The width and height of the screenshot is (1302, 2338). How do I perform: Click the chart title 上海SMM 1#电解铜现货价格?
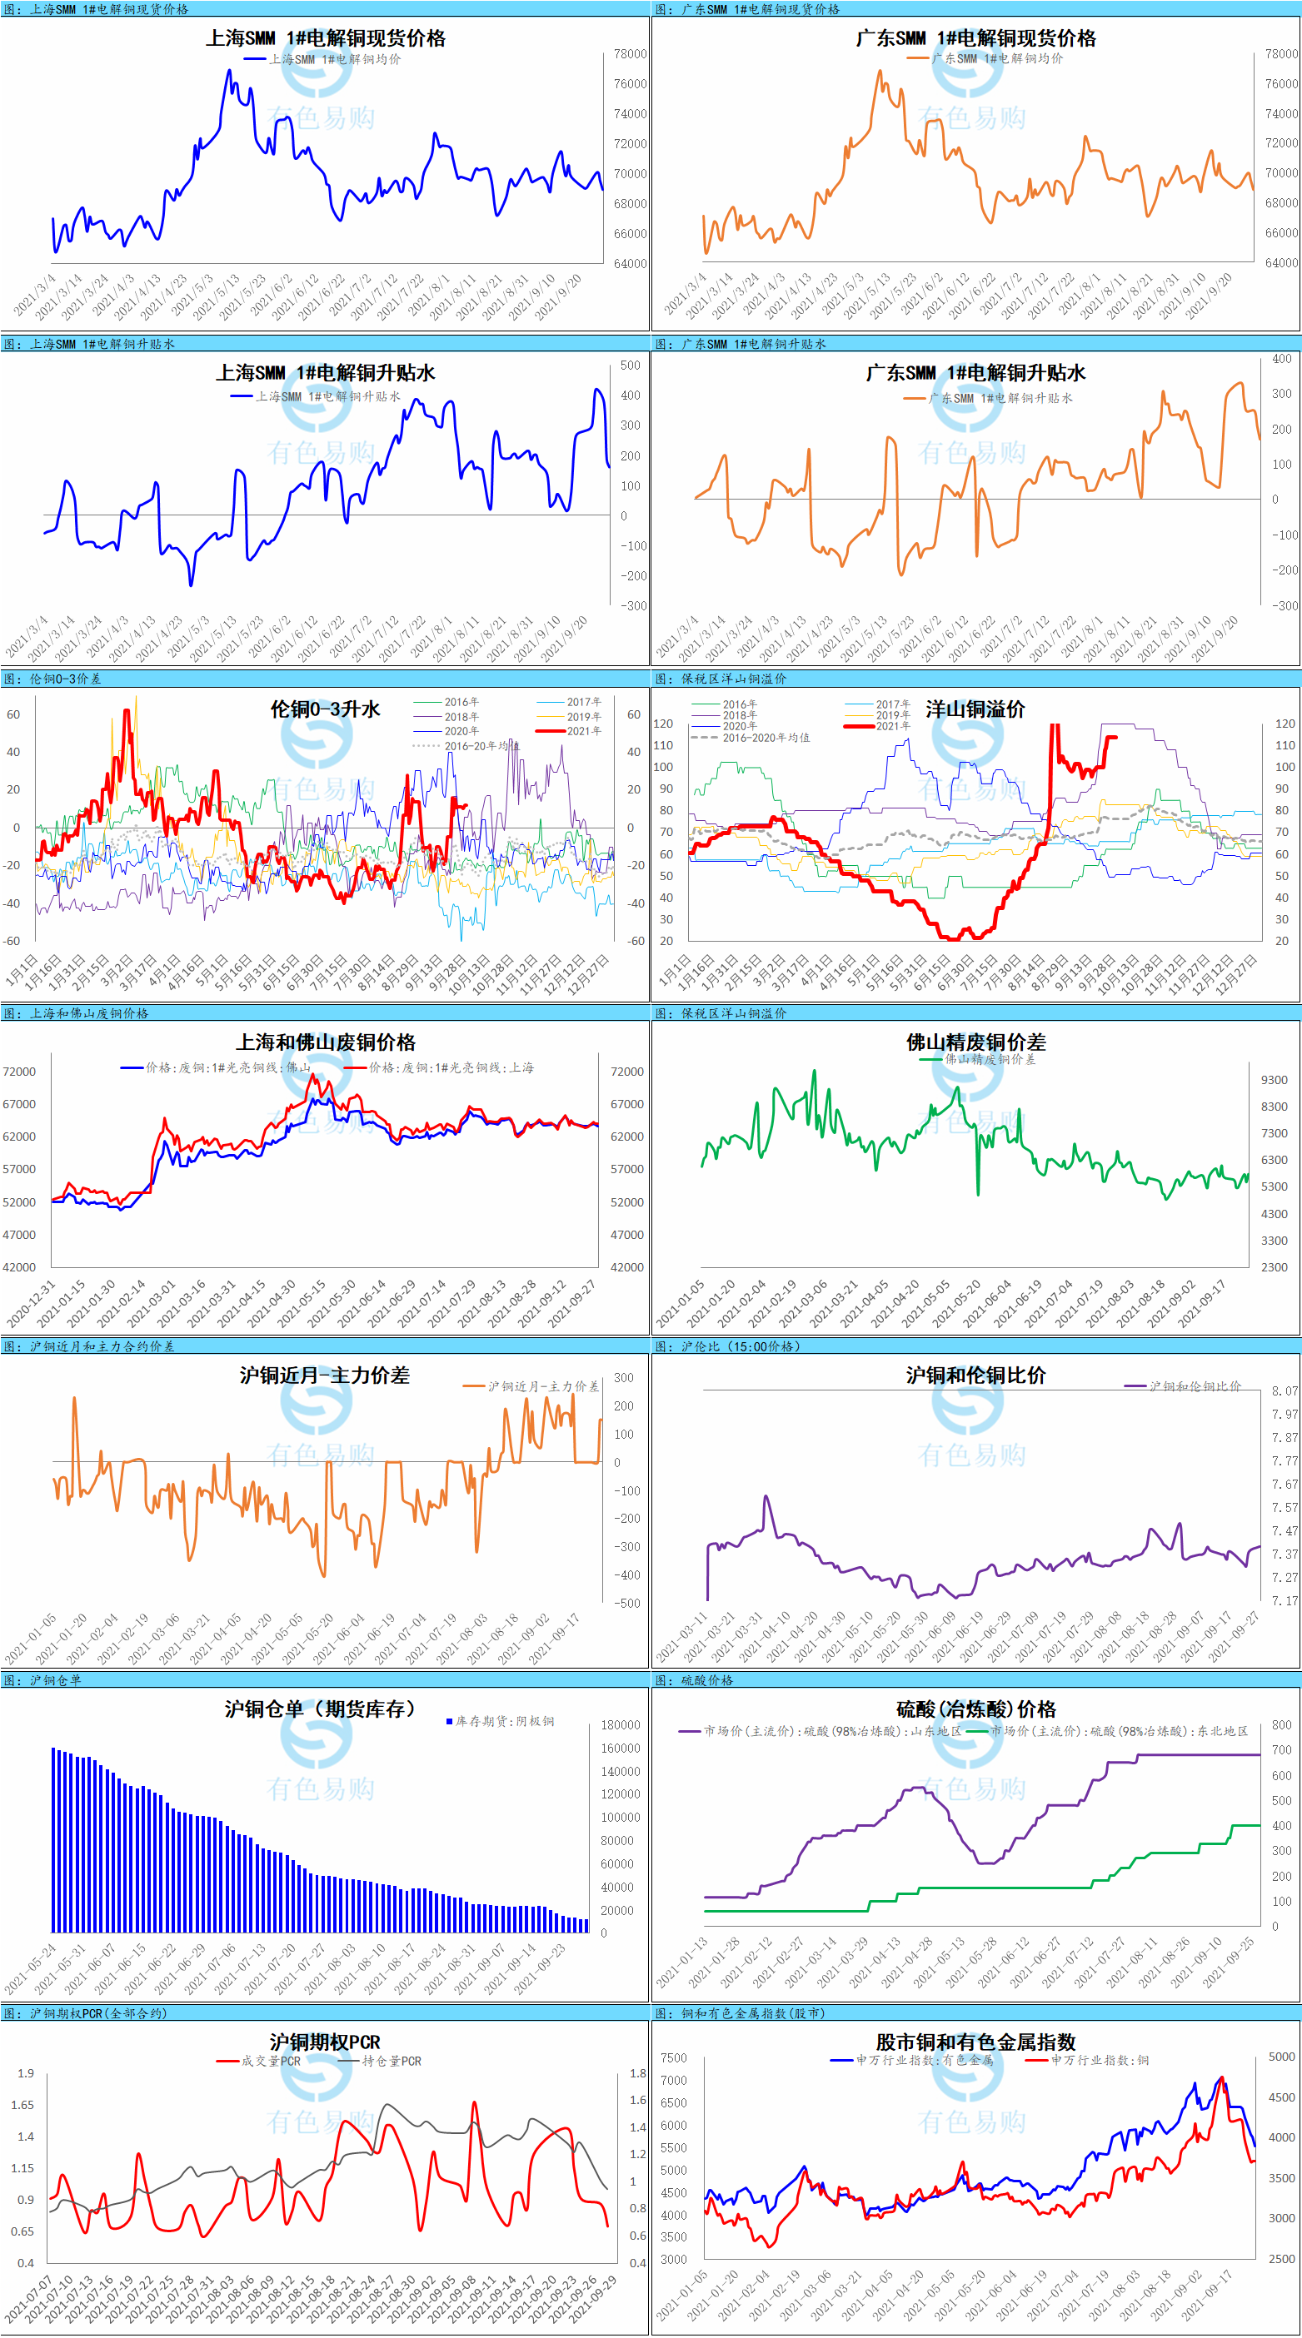325,38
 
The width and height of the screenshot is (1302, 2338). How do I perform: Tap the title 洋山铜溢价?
975,709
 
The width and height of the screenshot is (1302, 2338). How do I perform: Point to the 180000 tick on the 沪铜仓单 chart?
620,1725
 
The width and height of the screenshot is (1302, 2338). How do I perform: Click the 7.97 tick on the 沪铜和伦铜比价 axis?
1285,1414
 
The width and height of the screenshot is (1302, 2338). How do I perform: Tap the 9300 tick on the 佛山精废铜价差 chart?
1274,1080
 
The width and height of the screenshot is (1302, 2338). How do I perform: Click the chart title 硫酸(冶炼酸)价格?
976,1710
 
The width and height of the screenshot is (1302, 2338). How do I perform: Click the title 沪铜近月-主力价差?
324,1375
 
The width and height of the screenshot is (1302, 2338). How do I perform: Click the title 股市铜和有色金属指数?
975,2042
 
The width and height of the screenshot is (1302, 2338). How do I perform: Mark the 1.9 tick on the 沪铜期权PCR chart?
26,2074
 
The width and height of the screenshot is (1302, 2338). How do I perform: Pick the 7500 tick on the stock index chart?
674,2057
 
